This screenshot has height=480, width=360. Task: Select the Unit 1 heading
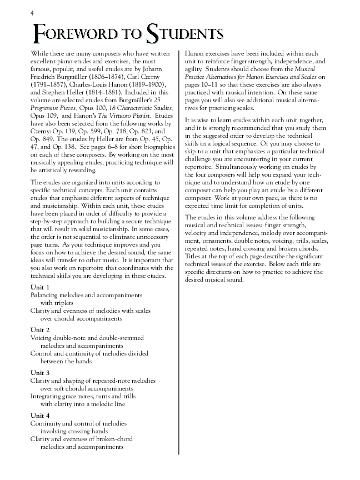[x=40, y=287]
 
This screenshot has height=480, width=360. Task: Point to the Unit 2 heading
[x=40, y=330]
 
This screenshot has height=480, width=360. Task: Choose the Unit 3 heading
[x=40, y=373]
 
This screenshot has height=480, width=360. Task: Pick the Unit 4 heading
[x=40, y=416]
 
